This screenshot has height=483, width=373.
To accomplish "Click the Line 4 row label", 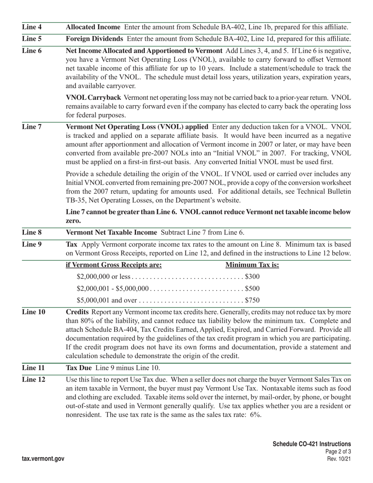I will (x=32, y=27).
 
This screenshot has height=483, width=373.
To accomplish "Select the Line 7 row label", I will (x=32, y=127).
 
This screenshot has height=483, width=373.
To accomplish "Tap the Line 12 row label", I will (x=33, y=379).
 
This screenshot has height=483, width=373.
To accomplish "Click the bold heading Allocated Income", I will (x=93, y=27).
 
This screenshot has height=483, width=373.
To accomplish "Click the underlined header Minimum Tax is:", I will (x=252, y=265).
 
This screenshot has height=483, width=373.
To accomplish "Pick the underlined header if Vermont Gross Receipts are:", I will (x=114, y=265).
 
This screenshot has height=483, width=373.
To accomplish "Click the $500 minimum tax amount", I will (x=252, y=289).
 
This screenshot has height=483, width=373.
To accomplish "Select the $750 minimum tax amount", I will (x=252, y=300).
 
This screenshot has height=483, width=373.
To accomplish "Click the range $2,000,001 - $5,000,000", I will (x=113, y=289).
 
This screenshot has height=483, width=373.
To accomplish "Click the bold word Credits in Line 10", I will (x=77, y=312).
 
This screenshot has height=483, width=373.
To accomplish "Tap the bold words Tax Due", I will (x=79, y=368).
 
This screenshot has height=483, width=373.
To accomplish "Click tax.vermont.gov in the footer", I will (x=43, y=459).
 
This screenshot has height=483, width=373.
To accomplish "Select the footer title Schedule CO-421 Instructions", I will (x=312, y=444).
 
